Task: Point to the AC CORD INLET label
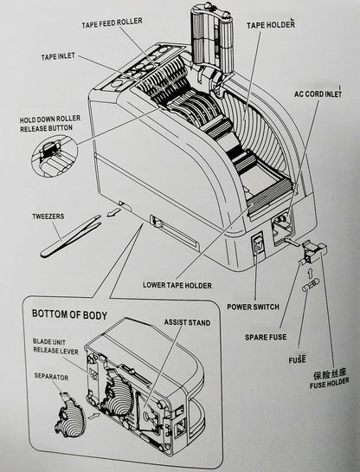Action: point(325,94)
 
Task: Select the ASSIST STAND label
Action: point(187,322)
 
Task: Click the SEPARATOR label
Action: point(51,377)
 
